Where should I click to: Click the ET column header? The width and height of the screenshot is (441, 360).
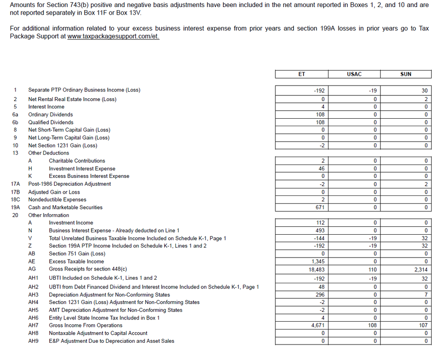click(x=302, y=74)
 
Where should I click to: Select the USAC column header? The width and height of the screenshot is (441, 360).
click(x=354, y=74)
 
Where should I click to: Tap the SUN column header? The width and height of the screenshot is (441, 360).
click(x=406, y=74)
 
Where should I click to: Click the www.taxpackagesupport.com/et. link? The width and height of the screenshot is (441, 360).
click(x=113, y=36)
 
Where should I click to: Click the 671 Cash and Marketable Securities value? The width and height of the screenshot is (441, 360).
click(x=320, y=207)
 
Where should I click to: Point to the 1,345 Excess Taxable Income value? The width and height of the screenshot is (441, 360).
click(x=318, y=262)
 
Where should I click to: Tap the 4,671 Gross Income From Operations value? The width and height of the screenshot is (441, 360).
click(x=318, y=326)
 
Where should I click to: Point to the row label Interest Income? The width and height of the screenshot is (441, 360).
click(x=46, y=107)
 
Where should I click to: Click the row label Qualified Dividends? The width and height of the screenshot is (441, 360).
click(x=51, y=122)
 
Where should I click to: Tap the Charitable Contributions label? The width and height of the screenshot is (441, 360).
click(x=77, y=161)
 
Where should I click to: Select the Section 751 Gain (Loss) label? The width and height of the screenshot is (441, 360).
click(x=77, y=254)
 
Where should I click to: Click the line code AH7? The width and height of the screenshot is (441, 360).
click(x=33, y=326)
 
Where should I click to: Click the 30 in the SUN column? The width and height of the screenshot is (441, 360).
click(x=425, y=90)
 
